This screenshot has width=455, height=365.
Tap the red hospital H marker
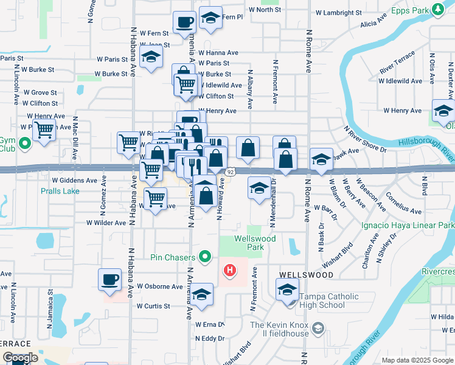pyautogui.click(x=230, y=270)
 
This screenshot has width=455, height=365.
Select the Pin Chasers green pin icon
pyautogui.click(x=206, y=257)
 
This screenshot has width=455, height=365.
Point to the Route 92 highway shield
pyautogui.click(x=229, y=173)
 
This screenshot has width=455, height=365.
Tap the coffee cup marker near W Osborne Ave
pyautogui.click(x=110, y=279)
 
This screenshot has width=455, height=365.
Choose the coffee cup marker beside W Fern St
pyautogui.click(x=185, y=23)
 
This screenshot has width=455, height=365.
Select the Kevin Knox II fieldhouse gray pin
pyautogui.click(x=317, y=329)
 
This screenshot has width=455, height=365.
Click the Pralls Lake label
pyautogui.click(x=60, y=190)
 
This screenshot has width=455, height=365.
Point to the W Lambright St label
pyautogui.click(x=338, y=13)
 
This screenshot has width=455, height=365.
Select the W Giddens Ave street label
pyautogui.click(x=74, y=181)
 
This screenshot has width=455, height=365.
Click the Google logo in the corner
pyautogui.click(x=20, y=358)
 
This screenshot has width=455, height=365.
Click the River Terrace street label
pyautogui.click(x=397, y=63)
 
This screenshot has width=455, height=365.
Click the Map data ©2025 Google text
pyautogui.click(x=417, y=360)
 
